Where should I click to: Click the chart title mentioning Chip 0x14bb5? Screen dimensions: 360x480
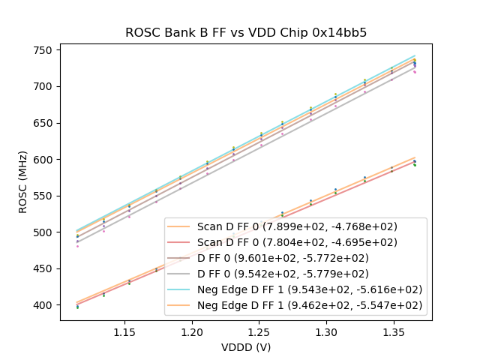click(x=245, y=32)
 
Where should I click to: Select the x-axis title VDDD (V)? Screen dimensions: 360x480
click(x=245, y=347)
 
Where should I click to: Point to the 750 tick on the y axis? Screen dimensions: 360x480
click(x=43, y=50)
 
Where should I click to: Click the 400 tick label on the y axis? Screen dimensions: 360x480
click(x=43, y=305)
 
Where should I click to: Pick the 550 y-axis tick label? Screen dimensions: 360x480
click(x=43, y=196)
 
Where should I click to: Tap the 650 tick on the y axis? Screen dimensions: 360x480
click(x=43, y=123)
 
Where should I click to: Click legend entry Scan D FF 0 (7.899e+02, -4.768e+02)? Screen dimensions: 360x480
click(x=297, y=226)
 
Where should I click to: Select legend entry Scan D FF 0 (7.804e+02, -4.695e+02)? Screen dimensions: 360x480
click(x=297, y=242)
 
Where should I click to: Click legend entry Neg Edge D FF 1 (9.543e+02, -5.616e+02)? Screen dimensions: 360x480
click(x=309, y=289)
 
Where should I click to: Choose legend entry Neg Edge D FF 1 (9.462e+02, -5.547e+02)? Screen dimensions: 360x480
click(x=309, y=305)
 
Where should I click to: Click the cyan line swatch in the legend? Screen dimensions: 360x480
click(x=180, y=289)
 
